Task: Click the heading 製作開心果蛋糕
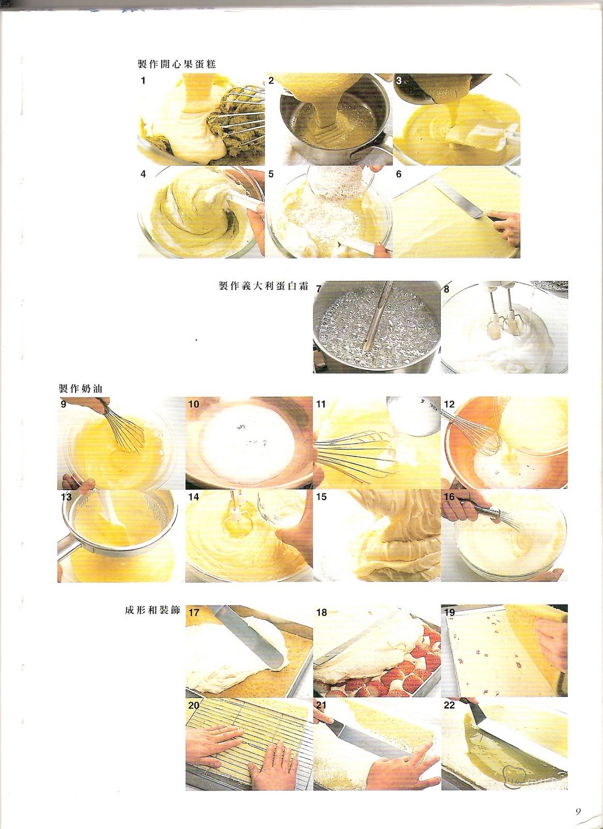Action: (177, 64)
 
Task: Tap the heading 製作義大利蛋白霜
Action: (263, 285)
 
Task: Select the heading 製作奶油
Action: (80, 389)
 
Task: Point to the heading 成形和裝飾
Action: (152, 610)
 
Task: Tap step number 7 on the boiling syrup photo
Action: (319, 289)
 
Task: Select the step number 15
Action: (321, 497)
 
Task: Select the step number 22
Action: (450, 705)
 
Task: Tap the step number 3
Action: (398, 81)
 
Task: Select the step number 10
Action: (194, 404)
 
